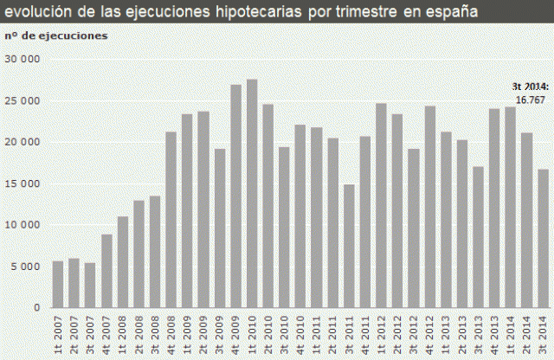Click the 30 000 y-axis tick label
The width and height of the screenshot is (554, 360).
click(23, 59)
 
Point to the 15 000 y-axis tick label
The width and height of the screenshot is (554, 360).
click(23, 183)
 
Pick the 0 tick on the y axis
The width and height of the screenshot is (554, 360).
click(37, 308)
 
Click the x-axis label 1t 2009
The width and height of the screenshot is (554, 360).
click(188, 332)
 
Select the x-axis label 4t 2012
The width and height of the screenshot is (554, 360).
click(430, 332)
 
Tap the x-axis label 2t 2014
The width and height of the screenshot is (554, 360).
click(527, 332)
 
